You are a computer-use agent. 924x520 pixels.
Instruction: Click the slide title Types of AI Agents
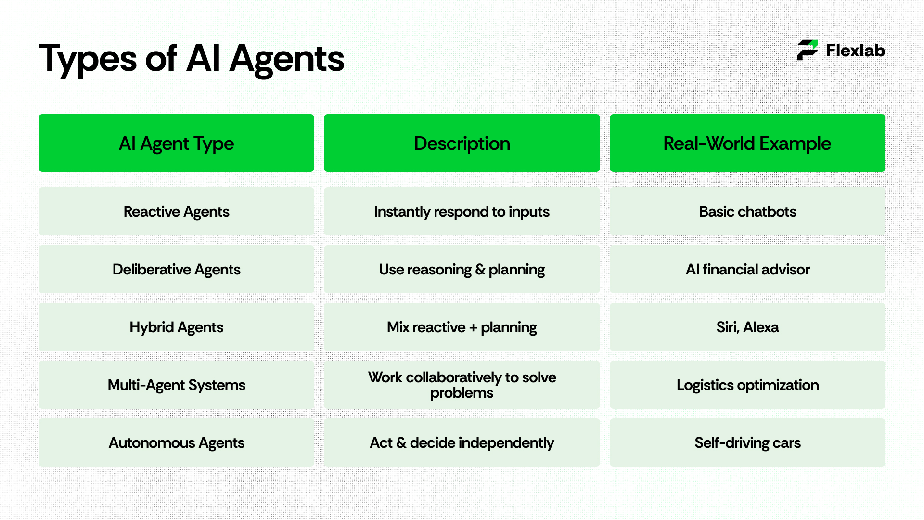192,59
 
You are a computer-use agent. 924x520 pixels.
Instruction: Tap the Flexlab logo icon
808,50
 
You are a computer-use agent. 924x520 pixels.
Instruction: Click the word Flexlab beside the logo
855,51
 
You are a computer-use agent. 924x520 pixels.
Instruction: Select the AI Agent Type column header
176,143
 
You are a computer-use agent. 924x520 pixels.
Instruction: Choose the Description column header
462,143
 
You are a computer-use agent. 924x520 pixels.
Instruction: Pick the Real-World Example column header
747,143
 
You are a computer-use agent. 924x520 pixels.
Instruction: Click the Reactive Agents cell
176,212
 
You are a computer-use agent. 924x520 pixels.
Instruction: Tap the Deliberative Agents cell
176,270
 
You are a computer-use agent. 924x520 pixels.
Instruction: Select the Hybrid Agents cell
176,327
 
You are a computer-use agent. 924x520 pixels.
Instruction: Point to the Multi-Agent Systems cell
176,385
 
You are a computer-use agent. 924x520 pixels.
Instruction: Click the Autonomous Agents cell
176,443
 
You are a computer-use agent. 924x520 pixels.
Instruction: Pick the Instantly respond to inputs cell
462,212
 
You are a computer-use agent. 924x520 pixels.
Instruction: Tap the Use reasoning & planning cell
462,270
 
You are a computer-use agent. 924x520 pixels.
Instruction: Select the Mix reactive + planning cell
462,327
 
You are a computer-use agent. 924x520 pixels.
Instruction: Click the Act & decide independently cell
462,443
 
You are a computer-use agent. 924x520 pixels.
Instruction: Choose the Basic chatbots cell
747,212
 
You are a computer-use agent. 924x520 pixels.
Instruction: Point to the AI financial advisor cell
747,270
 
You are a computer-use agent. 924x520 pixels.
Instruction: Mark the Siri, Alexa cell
747,327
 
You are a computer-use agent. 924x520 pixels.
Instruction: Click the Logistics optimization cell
747,385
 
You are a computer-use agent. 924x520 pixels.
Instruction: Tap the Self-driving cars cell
747,443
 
